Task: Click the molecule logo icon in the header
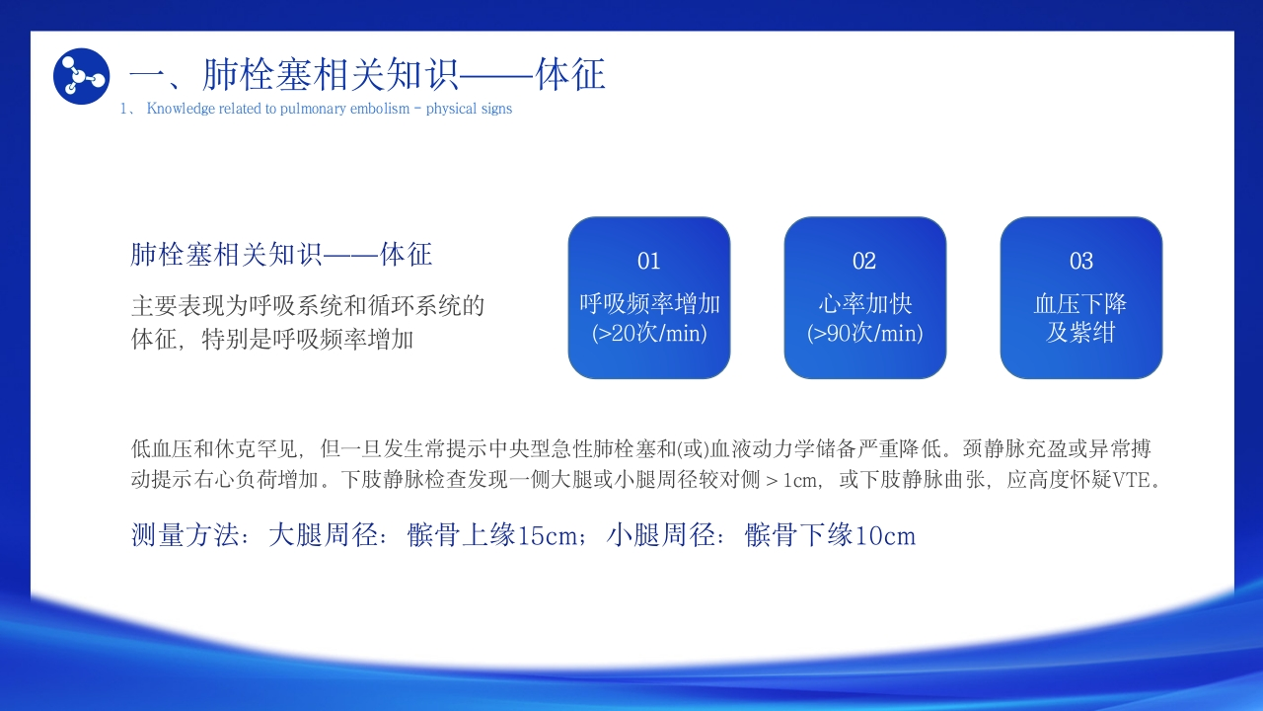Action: [81, 76]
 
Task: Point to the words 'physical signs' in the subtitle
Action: [469, 109]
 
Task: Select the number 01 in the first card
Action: [649, 261]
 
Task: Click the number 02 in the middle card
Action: [864, 261]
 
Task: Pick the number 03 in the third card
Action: [1080, 261]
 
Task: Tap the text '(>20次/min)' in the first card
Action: [649, 333]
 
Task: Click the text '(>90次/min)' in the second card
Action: [865, 333]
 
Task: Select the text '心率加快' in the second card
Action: [865, 303]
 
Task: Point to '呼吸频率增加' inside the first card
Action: [649, 303]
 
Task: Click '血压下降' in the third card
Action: [1080, 303]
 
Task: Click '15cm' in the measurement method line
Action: [547, 535]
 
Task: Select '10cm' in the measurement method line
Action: [885, 535]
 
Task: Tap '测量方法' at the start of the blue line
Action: [185, 535]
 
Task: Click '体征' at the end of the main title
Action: [570, 74]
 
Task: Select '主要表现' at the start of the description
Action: [178, 306]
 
